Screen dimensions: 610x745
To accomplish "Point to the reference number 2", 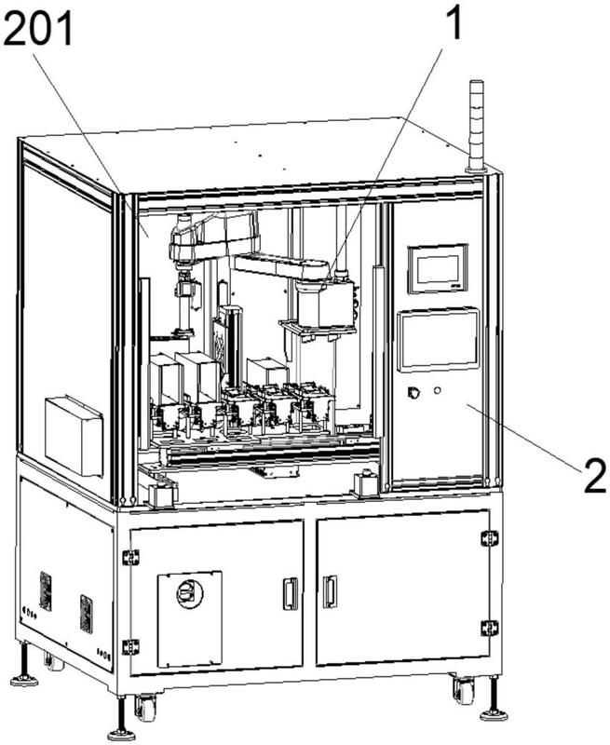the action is tap(594, 476).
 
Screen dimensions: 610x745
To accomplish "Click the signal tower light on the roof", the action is tap(477, 125).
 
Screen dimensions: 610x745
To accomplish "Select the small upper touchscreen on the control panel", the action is tap(438, 268).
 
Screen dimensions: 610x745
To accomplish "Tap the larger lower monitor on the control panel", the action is tap(438, 339).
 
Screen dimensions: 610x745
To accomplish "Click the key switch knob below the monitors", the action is tap(413, 392).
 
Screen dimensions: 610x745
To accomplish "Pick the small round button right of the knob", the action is tap(437, 390).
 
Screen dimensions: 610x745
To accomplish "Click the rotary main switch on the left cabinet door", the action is tap(190, 593).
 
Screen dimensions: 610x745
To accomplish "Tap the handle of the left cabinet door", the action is tap(291, 593).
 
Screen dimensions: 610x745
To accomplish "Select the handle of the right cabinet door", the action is tap(330, 592).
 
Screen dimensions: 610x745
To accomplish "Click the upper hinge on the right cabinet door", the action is tap(489, 538).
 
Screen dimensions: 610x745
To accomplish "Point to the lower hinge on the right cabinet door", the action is tap(489, 628).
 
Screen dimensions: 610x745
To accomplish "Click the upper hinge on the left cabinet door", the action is tap(130, 557).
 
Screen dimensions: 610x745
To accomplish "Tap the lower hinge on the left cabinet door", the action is tap(130, 646).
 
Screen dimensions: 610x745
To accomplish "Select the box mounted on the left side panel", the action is tap(75, 434).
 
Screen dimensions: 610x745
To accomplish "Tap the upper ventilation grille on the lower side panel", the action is tap(46, 591).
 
